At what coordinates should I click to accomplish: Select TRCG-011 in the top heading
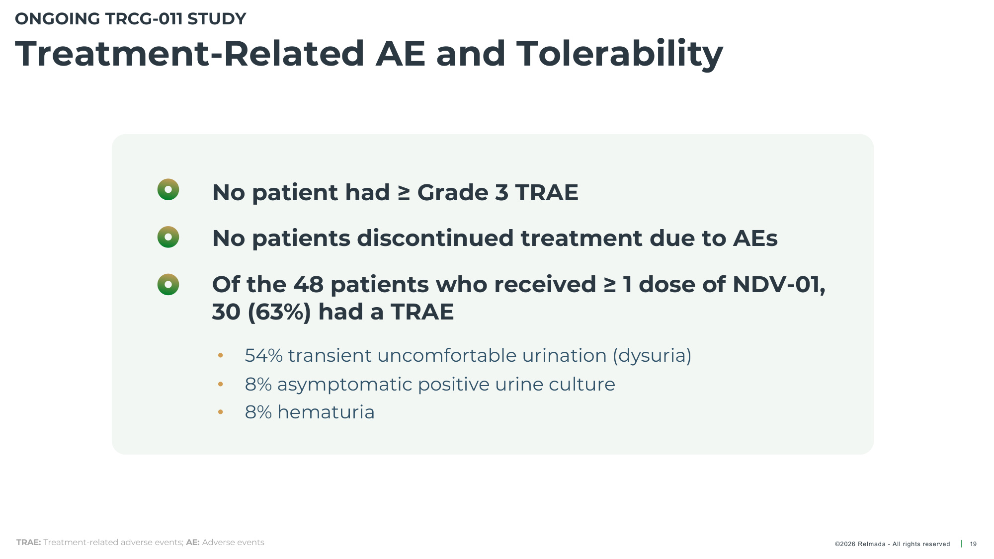coord(144,19)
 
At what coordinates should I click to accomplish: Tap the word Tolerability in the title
coord(620,54)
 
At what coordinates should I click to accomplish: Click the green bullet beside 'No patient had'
coord(168,189)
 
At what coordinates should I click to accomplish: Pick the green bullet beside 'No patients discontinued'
coord(168,237)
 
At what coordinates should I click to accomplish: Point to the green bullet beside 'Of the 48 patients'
coord(168,284)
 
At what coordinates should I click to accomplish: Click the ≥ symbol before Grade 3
coord(404,193)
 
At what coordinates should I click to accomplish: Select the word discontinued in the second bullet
coord(435,239)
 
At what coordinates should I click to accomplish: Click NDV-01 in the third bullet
coord(779,285)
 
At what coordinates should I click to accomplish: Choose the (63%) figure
coord(279,312)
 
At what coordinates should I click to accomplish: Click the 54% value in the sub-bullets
coord(264,356)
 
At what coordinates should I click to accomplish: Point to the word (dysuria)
coord(652,356)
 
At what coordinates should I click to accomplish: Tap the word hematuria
coord(326,412)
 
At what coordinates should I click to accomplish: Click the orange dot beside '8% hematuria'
coord(221,412)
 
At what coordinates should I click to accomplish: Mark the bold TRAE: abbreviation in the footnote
coord(28,543)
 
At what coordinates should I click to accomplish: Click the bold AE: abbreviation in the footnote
coord(193,543)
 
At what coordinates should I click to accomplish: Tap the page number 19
coord(973,544)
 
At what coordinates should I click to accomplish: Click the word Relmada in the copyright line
coord(872,544)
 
